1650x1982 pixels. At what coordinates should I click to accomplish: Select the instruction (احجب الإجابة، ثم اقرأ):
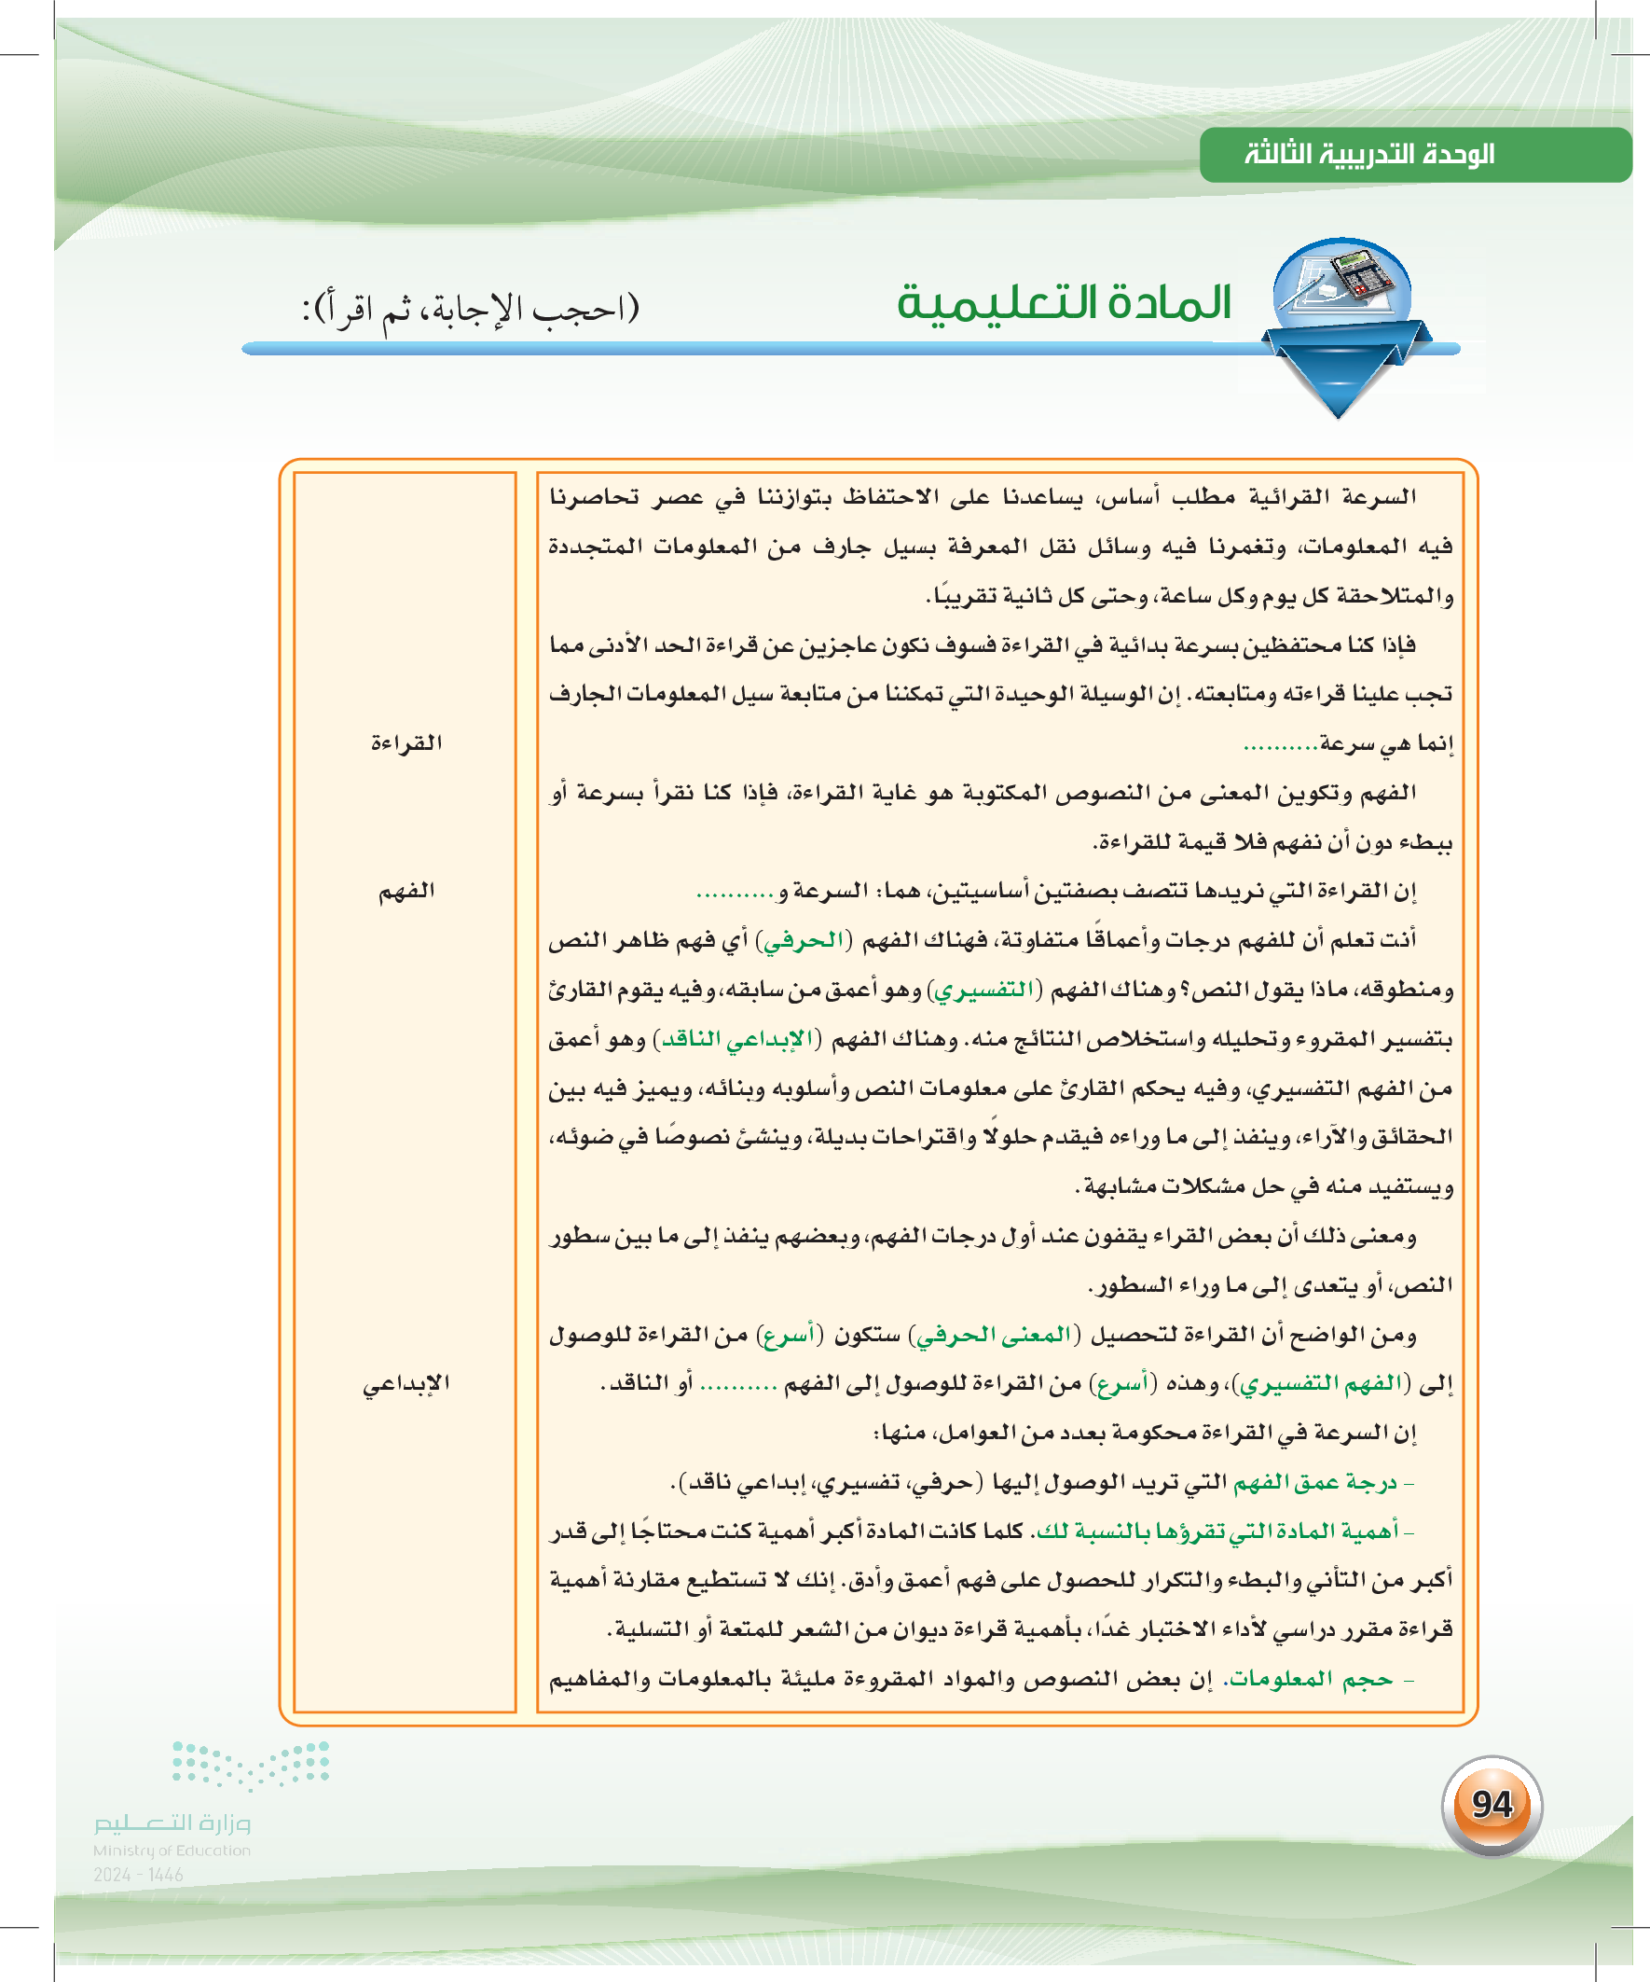(470, 309)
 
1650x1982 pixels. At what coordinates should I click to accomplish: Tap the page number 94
(1492, 1804)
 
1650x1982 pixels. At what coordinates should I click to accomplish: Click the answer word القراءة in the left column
(406, 742)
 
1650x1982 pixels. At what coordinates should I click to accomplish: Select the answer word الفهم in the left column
(406, 890)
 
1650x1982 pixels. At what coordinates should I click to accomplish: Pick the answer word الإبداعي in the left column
(406, 1383)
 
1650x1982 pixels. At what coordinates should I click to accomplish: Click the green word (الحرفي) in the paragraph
(803, 940)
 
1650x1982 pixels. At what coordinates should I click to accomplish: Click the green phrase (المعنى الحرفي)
(995, 1335)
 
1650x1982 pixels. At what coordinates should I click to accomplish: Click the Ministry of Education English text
(172, 1850)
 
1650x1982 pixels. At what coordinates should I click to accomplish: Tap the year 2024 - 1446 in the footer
(139, 1875)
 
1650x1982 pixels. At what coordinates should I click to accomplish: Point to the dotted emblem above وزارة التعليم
(251, 1764)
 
